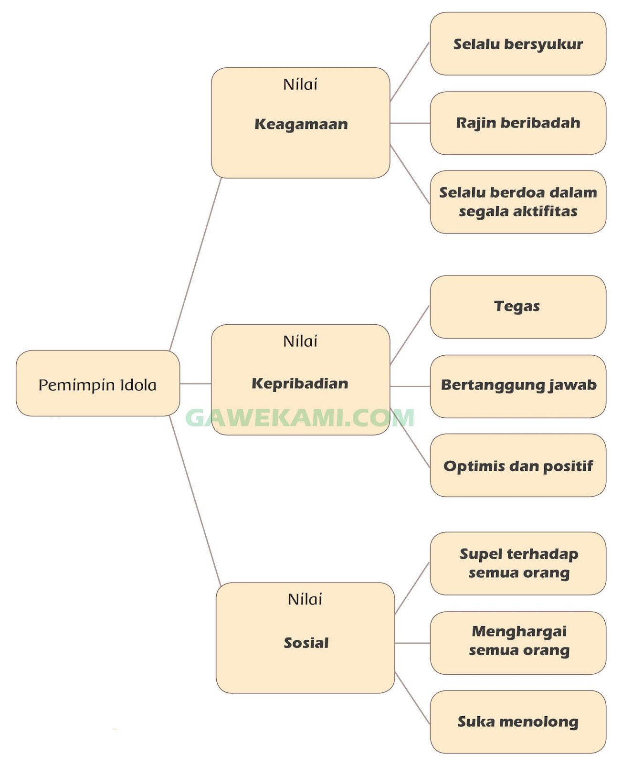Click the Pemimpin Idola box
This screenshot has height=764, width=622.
[x=98, y=383]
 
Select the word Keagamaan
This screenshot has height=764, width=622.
[x=301, y=124]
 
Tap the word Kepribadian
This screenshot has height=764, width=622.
[x=300, y=383]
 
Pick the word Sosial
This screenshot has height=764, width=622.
[x=306, y=643]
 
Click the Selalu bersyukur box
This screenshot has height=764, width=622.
[x=518, y=44]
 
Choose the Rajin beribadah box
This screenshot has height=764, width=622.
[x=518, y=123]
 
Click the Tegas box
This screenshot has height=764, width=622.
[x=517, y=307]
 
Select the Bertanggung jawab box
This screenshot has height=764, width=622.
[x=518, y=386]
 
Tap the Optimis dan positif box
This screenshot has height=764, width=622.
[x=518, y=466]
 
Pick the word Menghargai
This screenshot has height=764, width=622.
[x=519, y=631]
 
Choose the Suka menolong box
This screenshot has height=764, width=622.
[x=518, y=722]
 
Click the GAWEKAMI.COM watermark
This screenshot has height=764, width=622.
[x=300, y=418]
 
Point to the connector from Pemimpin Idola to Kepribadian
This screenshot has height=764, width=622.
[x=195, y=383]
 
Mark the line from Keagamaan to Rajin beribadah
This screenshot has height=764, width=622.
[x=410, y=123]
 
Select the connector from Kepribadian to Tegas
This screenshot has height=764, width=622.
[x=410, y=335]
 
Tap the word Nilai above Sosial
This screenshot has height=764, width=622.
[x=305, y=599]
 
